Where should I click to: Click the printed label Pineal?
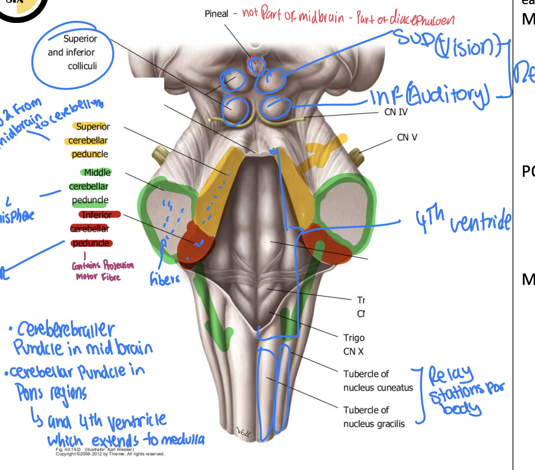pos(216,14)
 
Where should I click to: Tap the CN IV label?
pos(396,112)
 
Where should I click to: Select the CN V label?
pos(407,138)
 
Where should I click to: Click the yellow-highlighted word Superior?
pos(93,127)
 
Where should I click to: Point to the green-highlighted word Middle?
pos(97,172)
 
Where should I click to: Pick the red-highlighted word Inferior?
pos(97,215)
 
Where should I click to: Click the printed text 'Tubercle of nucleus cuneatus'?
pos(378,381)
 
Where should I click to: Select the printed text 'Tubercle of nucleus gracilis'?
pos(374,417)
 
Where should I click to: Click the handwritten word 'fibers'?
pos(165,279)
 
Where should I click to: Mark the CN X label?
pos(353,351)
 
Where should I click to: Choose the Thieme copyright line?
pos(110,454)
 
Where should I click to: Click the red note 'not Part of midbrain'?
pos(293,15)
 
